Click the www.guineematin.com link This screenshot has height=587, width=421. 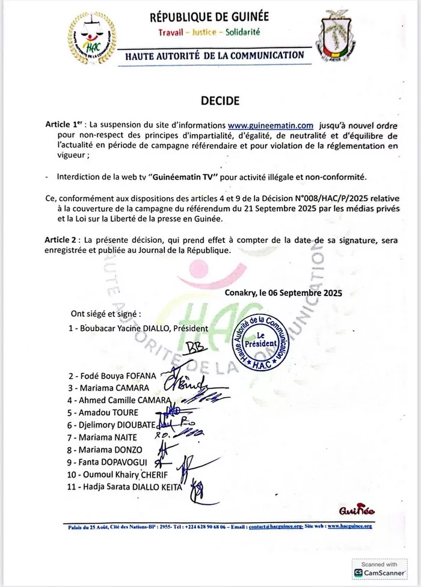click(271, 126)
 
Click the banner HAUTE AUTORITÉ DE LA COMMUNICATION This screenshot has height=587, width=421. click(214, 55)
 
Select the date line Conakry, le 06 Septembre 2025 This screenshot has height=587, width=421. click(283, 293)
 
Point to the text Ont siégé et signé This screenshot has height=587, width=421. click(106, 314)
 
